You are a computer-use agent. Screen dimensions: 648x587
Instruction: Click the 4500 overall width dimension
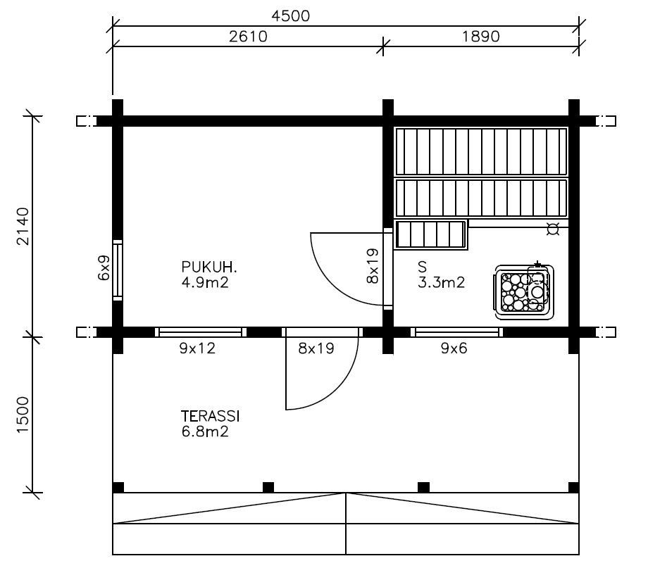click(290, 16)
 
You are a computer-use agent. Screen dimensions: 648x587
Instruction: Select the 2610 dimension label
click(249, 37)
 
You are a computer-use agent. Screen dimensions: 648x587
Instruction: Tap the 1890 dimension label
click(480, 37)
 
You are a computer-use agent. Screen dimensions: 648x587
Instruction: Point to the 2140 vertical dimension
click(23, 227)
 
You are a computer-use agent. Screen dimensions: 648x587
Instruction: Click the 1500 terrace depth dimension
click(23, 415)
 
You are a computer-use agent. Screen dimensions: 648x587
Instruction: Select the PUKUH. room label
click(209, 267)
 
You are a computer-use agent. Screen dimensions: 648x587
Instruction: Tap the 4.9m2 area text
click(205, 283)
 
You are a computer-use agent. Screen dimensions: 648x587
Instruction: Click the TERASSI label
click(211, 416)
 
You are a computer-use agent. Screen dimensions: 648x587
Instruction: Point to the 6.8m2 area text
click(205, 431)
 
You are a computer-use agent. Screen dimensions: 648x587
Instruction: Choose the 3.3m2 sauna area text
click(442, 282)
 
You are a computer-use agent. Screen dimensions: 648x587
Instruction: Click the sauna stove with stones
click(525, 291)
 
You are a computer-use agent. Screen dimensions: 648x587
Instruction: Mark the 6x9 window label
click(104, 267)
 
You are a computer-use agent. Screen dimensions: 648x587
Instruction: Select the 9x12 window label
click(197, 348)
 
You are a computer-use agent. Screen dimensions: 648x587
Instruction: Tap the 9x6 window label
click(454, 348)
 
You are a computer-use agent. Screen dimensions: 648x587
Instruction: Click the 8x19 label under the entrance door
click(316, 348)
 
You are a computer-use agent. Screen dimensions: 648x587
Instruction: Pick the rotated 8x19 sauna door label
click(373, 265)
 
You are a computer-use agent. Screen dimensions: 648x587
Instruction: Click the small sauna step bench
click(430, 234)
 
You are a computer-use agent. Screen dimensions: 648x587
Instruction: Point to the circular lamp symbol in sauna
click(552, 229)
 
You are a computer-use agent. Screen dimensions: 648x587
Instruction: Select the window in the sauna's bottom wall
click(456, 332)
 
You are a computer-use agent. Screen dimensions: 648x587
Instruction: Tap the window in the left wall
click(118, 270)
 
